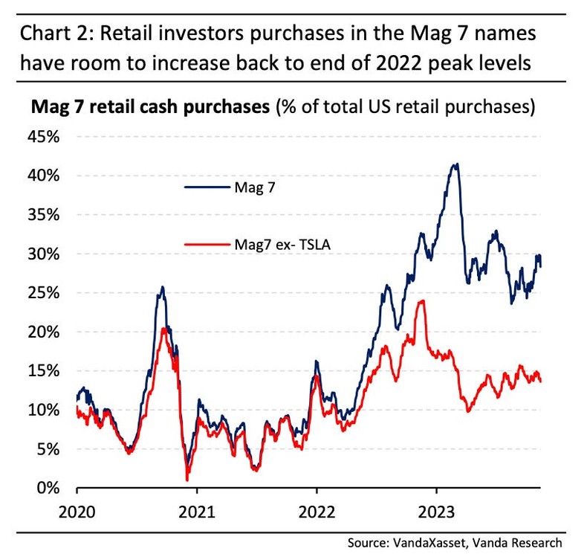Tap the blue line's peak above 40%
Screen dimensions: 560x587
coord(455,164)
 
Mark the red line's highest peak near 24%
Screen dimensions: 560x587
coord(422,301)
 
